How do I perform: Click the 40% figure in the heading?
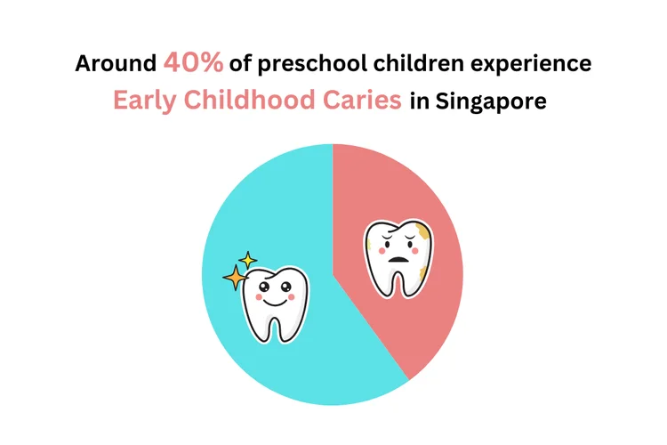click(x=194, y=63)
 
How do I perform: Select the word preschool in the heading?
click(x=301, y=65)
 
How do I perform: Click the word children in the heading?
click(x=405, y=64)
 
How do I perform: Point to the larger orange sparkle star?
click(x=235, y=279)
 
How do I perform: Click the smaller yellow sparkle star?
click(x=248, y=260)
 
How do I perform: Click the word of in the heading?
click(x=239, y=65)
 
